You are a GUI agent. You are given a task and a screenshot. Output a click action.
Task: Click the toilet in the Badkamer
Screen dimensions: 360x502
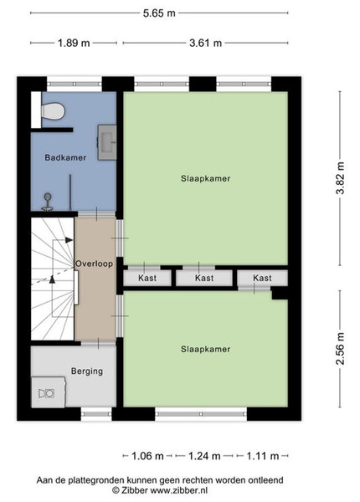(x=54, y=111)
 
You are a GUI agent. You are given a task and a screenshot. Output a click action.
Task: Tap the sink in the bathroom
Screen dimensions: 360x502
(x=107, y=142)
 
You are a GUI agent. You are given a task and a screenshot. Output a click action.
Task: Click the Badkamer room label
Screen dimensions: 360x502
(x=65, y=157)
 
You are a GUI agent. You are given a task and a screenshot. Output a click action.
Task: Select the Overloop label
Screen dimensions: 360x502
(x=94, y=264)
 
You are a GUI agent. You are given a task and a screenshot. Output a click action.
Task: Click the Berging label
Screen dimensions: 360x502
(x=87, y=371)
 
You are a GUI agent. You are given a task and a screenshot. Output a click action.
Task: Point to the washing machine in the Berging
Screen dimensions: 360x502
(x=49, y=392)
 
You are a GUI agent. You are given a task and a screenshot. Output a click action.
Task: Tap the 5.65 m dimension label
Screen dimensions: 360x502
(x=159, y=13)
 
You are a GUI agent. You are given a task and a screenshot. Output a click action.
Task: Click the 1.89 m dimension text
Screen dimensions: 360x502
(x=74, y=43)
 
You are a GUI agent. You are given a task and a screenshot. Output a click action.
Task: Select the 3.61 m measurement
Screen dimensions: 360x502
(x=206, y=43)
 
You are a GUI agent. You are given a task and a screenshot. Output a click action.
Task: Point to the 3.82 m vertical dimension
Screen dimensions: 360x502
(x=340, y=178)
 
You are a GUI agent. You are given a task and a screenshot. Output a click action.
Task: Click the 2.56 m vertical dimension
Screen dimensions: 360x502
(x=340, y=348)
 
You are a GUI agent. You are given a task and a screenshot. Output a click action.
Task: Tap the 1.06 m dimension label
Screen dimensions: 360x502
(x=147, y=456)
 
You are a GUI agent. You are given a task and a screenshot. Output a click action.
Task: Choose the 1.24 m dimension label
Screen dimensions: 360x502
(x=204, y=456)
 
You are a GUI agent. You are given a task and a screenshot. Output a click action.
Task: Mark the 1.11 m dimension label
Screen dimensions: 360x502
(x=263, y=456)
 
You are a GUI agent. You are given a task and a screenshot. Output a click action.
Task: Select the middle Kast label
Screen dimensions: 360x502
(x=204, y=278)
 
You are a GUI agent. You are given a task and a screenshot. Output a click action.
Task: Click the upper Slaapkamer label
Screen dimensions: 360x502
(x=206, y=178)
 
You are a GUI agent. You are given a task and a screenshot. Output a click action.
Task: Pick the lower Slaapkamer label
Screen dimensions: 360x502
(x=206, y=349)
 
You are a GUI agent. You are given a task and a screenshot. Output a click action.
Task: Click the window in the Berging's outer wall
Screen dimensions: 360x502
(x=96, y=414)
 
